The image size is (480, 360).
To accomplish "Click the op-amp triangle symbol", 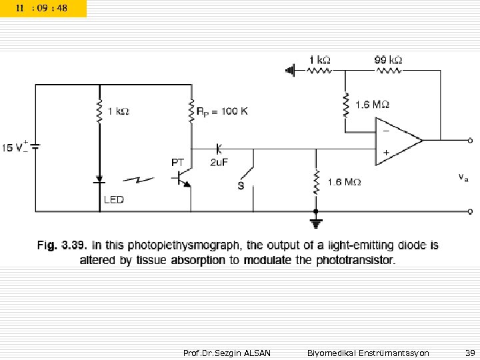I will [x=397, y=140].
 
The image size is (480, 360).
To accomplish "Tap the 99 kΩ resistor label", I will [x=387, y=60].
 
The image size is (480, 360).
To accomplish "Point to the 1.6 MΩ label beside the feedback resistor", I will [x=372, y=104].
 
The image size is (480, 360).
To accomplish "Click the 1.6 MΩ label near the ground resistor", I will [x=344, y=181].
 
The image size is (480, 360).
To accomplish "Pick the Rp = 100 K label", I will [x=223, y=111].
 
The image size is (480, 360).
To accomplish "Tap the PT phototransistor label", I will [x=178, y=162].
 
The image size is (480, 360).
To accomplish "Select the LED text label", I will [x=113, y=199].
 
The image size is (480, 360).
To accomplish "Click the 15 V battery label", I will [x=15, y=147].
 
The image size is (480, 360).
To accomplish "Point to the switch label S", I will [x=241, y=185].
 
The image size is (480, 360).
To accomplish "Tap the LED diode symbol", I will [x=99, y=179].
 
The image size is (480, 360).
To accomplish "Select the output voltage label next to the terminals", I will [x=463, y=177].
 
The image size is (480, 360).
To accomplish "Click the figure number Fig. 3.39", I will [x=60, y=246].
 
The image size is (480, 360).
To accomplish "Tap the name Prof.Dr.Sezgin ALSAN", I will [x=227, y=352].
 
